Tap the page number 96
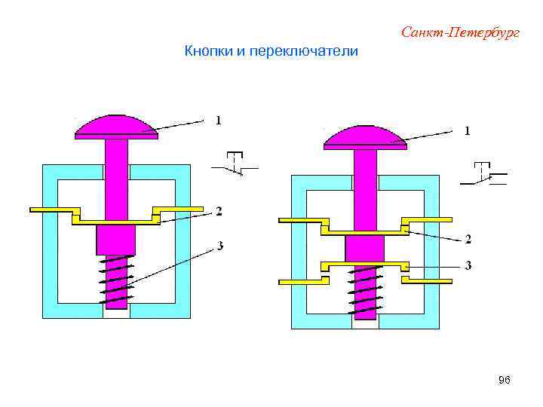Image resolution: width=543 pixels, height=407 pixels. tap(505, 381)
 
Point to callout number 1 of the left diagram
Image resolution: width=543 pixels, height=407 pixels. tap(219, 119)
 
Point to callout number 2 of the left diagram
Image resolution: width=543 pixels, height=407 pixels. tap(219, 210)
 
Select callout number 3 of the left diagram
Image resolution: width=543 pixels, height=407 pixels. tap(219, 246)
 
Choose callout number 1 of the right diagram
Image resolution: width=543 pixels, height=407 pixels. tap(468, 131)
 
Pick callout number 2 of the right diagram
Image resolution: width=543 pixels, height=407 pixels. tap(468, 240)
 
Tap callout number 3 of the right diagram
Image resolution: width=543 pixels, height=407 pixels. tap(468, 266)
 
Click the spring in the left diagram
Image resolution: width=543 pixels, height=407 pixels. tap(116, 279)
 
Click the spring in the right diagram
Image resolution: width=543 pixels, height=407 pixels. tap(365, 292)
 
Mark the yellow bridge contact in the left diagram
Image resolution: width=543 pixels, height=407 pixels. tap(116, 220)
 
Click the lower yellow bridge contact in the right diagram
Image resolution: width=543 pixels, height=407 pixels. tap(365, 265)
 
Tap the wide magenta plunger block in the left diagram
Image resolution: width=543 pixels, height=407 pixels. tap(116, 239)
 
